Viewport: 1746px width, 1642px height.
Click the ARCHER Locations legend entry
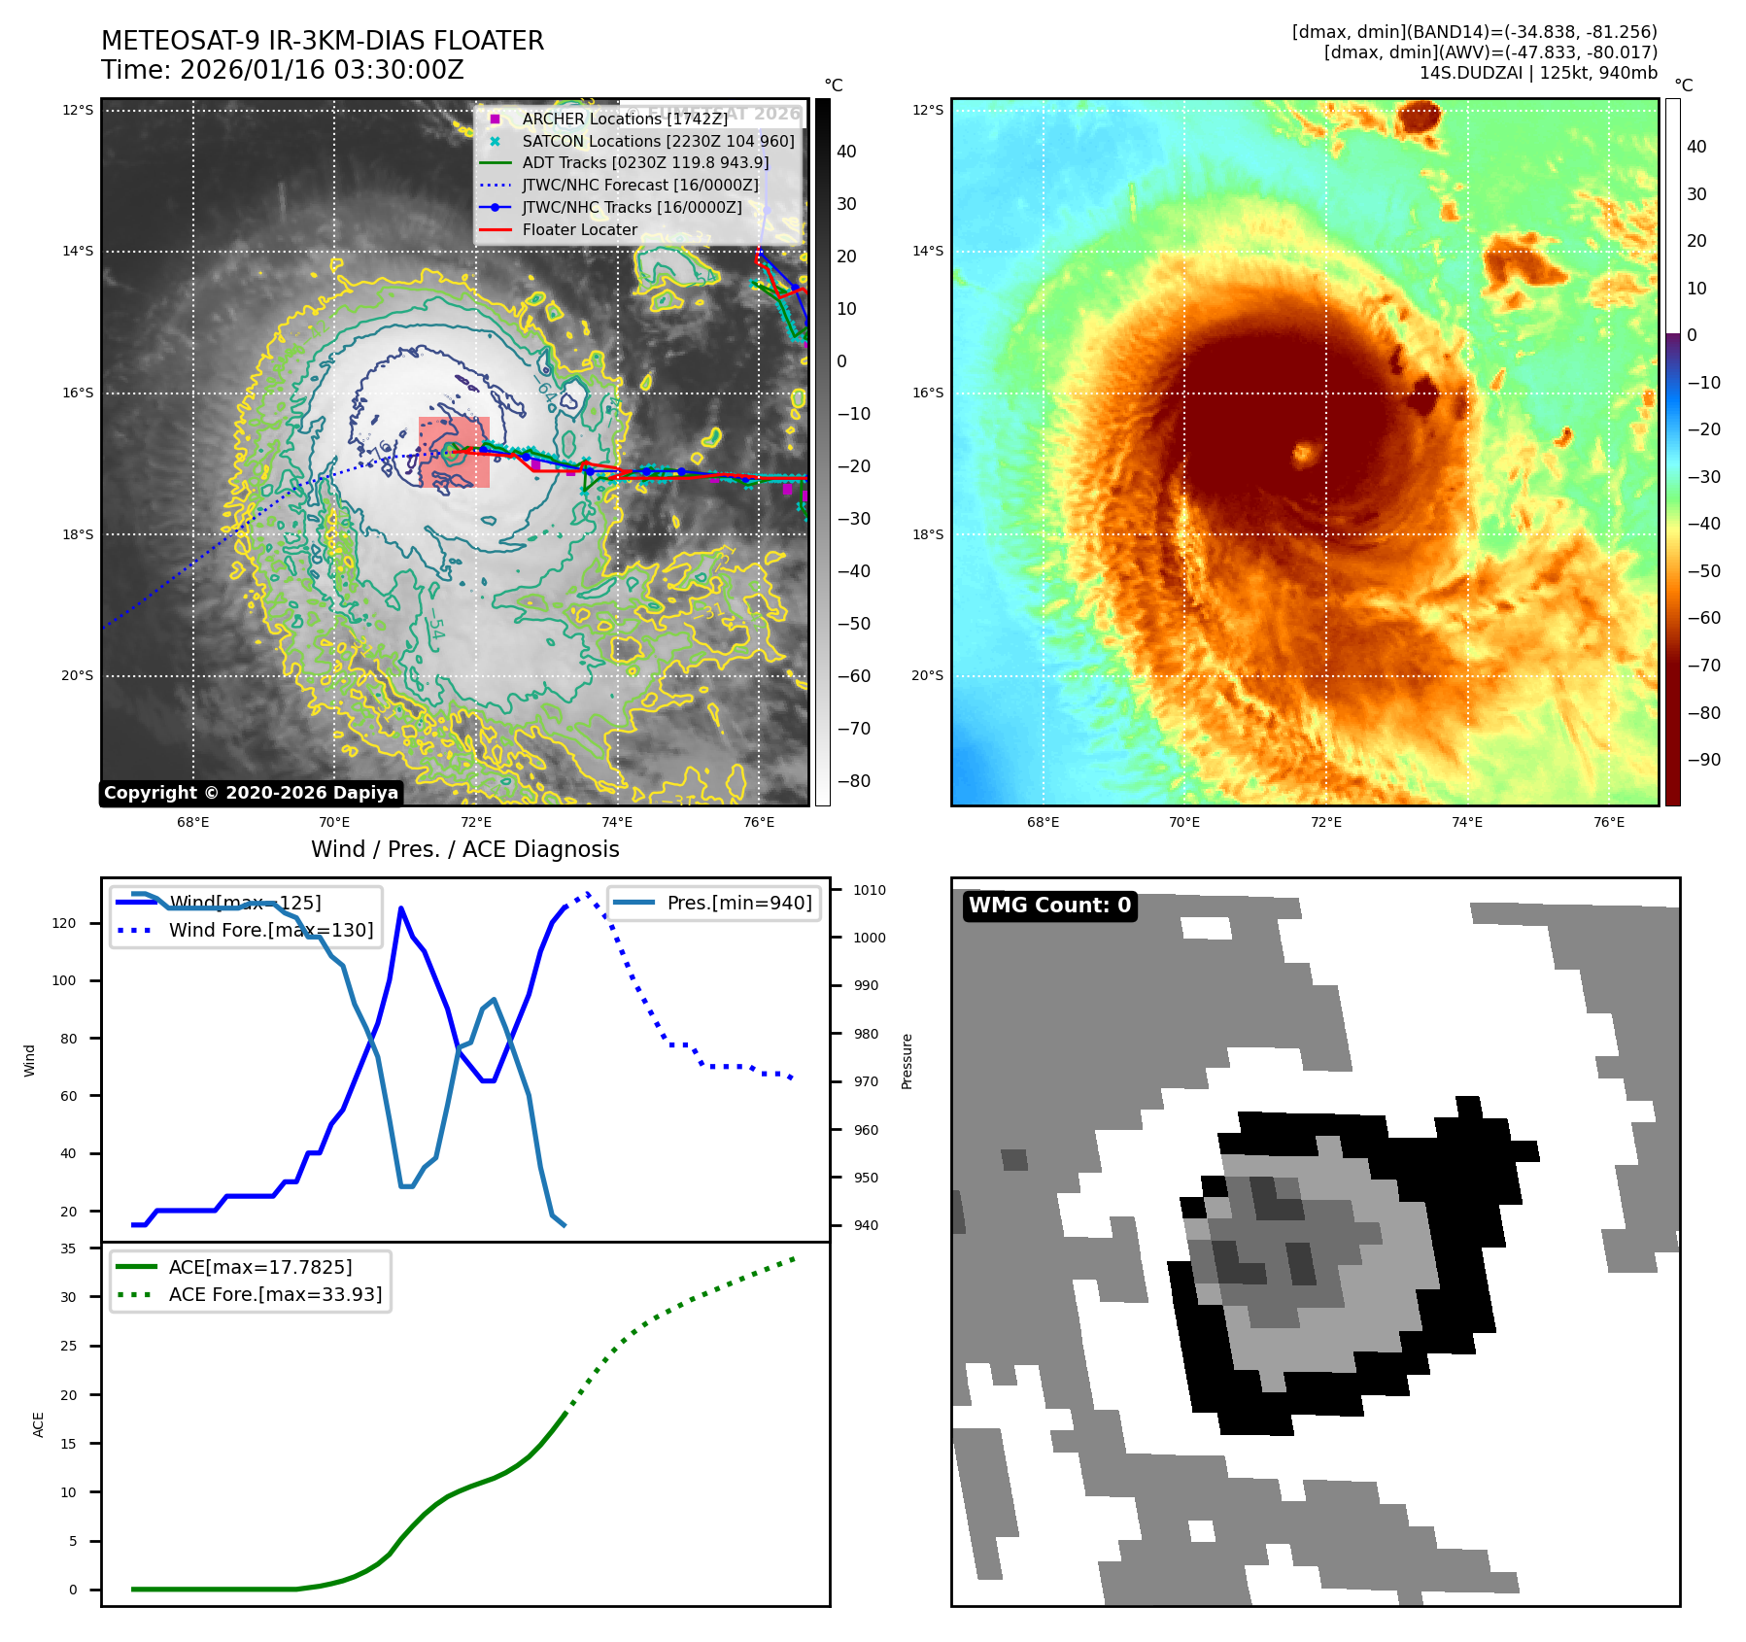click(624, 119)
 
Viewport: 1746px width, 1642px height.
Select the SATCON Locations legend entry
click(658, 141)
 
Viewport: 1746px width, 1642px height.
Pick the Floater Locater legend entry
click(579, 230)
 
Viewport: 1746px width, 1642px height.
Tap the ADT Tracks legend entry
click(645, 163)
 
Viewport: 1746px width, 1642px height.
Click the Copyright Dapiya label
click(251, 793)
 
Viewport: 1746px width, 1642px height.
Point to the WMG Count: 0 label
click(1049, 906)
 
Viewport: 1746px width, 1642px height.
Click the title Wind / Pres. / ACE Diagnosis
click(464, 849)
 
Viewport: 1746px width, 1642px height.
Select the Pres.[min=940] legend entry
click(738, 903)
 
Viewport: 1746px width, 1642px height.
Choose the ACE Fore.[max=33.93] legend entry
click(275, 1294)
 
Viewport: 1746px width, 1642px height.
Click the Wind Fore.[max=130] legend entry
click(270, 930)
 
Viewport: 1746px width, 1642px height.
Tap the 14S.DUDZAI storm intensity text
click(1538, 73)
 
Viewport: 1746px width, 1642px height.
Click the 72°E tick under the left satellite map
click(476, 822)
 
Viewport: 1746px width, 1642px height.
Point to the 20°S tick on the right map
click(927, 676)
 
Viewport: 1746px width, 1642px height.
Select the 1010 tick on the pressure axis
click(870, 890)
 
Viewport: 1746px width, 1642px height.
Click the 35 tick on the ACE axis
click(68, 1249)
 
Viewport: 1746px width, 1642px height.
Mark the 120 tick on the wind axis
click(64, 923)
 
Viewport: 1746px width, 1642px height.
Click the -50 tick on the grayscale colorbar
click(854, 624)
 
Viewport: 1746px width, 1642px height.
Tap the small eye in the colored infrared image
click(1303, 452)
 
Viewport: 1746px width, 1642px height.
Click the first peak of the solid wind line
click(401, 908)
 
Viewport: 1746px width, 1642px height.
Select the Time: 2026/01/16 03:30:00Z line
click(282, 70)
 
